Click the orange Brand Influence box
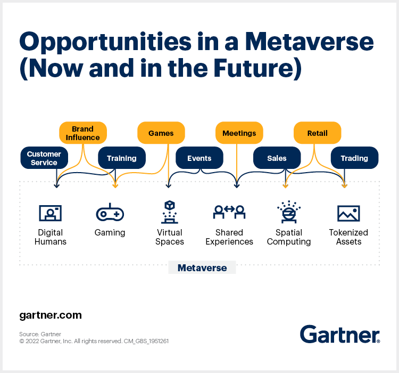click(82, 133)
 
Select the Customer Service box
click(44, 158)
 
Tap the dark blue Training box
click(121, 158)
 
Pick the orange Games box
click(161, 133)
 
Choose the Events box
click(199, 158)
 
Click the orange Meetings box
click(239, 133)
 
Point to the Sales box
click(277, 158)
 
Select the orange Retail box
click(317, 133)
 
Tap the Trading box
click(354, 158)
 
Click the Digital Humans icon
click(51, 213)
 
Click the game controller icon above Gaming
click(110, 213)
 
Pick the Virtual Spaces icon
click(170, 212)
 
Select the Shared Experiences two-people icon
click(229, 212)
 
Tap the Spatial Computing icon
click(289, 212)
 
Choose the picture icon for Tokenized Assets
click(348, 213)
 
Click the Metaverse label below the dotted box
click(202, 267)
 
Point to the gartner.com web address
click(51, 315)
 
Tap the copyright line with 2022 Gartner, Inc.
click(94, 341)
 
